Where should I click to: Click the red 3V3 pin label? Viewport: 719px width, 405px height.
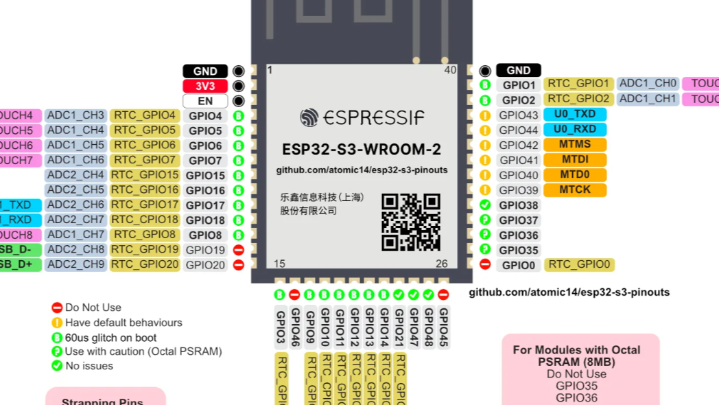pyautogui.click(x=205, y=86)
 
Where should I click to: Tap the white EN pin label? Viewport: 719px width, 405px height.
pyautogui.click(x=205, y=102)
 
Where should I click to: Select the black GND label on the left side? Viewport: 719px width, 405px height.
pyautogui.click(x=205, y=71)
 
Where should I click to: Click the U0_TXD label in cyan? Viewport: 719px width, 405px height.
pyautogui.click(x=575, y=115)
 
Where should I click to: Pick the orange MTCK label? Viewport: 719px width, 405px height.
pyautogui.click(x=575, y=189)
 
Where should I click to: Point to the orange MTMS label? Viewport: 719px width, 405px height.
pyautogui.click(x=575, y=145)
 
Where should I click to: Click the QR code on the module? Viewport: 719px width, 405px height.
pyautogui.click(x=411, y=222)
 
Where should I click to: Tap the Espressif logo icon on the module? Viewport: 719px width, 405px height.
pyautogui.click(x=309, y=117)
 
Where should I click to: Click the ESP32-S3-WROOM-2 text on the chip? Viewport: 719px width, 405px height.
pyautogui.click(x=362, y=150)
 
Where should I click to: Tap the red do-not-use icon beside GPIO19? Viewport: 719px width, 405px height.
pyautogui.click(x=239, y=250)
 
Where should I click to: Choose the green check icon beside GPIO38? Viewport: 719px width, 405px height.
pyautogui.click(x=485, y=205)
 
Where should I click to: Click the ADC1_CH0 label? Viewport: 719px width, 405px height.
pyautogui.click(x=648, y=84)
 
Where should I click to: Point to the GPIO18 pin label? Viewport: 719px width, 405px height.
pyautogui.click(x=205, y=220)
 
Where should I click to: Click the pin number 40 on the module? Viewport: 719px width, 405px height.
pyautogui.click(x=450, y=70)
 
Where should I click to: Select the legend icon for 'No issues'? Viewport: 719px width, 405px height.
pyautogui.click(x=57, y=366)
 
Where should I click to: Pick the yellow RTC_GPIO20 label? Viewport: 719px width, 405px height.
pyautogui.click(x=145, y=265)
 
